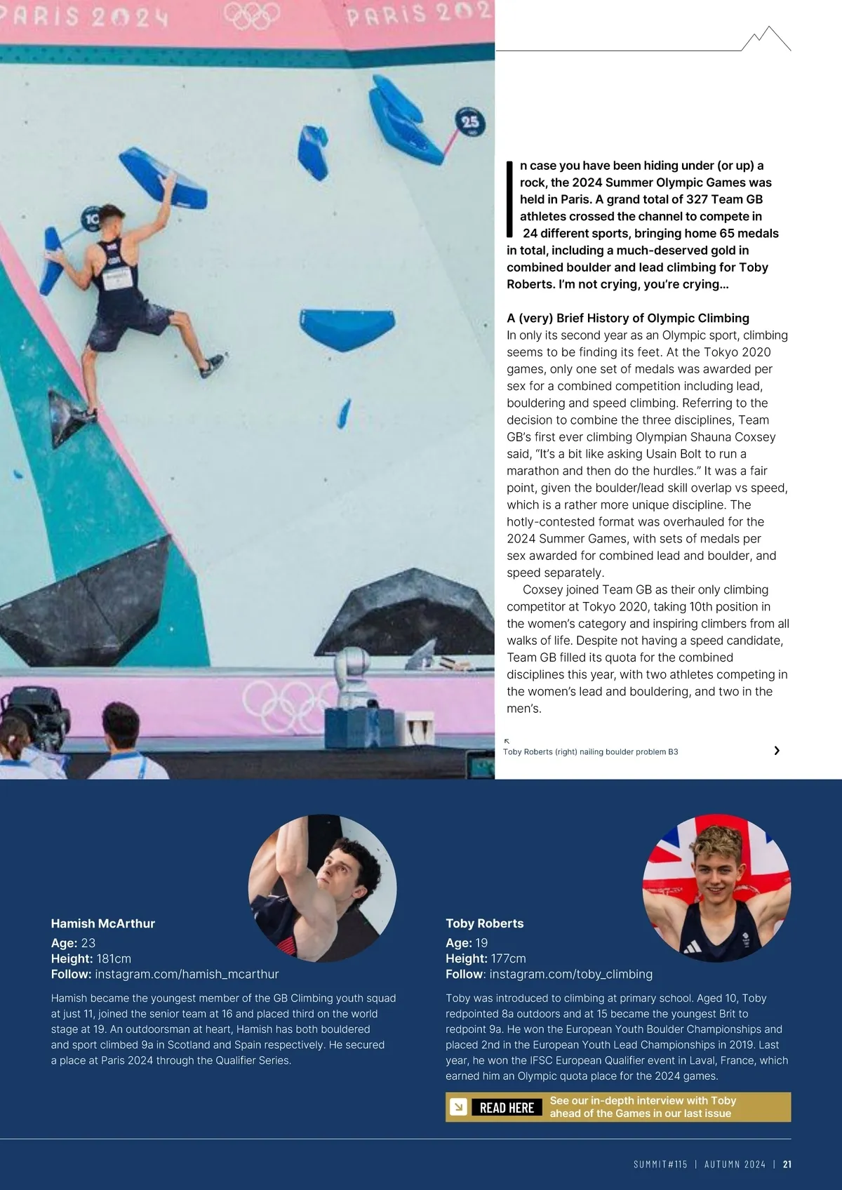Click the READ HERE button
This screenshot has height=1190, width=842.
coord(507,1107)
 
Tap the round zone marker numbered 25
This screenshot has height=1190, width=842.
coord(469,122)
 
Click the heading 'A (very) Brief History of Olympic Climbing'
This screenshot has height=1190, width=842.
coord(627,318)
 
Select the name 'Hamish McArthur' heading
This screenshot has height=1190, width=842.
coord(103,923)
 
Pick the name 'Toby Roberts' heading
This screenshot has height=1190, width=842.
coord(484,923)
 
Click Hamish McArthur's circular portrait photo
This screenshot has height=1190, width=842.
coord(322,888)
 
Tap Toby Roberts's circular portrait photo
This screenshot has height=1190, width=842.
coord(716,888)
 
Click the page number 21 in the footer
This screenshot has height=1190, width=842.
coord(787,1164)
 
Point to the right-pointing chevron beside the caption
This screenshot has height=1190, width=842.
coord(777,751)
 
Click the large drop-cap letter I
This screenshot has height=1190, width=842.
coord(510,199)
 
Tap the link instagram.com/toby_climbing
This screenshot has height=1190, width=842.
coord(570,974)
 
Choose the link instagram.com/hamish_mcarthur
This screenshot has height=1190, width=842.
coord(187,974)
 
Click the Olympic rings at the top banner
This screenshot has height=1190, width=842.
coord(252,15)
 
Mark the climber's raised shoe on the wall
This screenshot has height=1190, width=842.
coord(212,366)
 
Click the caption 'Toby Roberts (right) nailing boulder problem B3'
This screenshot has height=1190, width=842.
coord(590,751)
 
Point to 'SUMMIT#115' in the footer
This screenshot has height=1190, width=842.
coord(660,1164)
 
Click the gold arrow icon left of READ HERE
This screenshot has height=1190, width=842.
coord(458,1107)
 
